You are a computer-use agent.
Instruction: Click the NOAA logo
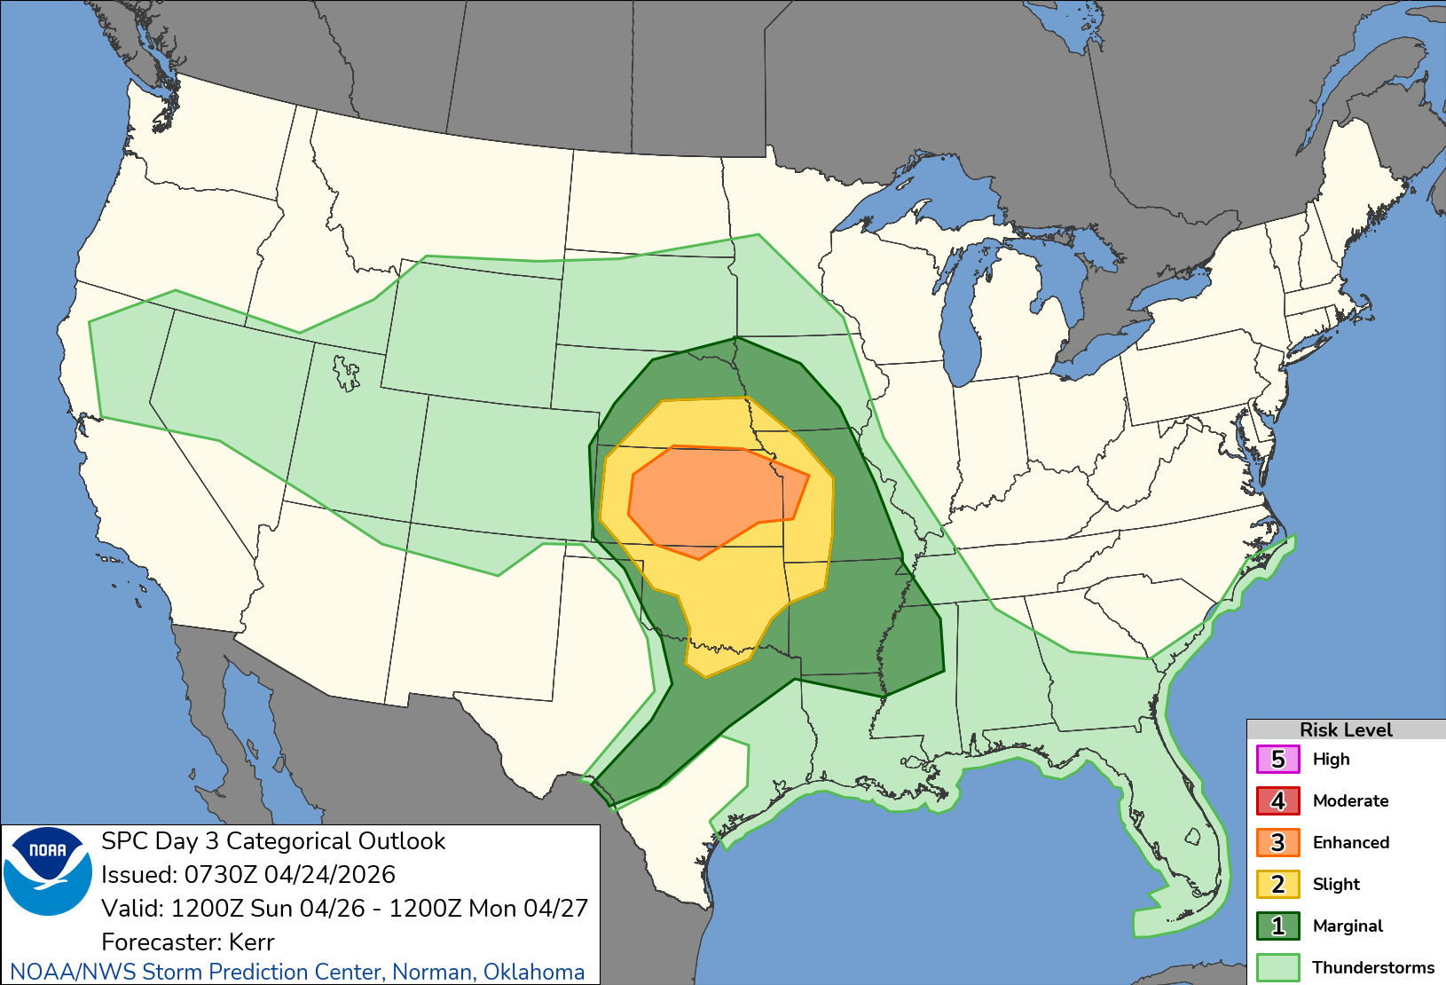48,871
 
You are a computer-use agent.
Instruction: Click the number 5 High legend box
1277,760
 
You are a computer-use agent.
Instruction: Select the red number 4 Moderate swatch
1277,801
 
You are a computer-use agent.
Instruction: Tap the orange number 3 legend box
1277,843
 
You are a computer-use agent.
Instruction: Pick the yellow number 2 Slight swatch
1277,885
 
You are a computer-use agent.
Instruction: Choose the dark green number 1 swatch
1277,926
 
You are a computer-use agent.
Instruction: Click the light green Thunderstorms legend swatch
1277,967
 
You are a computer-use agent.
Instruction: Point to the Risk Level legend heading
1345,729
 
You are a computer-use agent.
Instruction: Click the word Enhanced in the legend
1350,843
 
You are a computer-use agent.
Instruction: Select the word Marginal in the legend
1347,926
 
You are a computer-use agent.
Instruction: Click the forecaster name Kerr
251,942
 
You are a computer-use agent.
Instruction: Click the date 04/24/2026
330,875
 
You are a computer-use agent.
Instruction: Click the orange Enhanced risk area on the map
710,497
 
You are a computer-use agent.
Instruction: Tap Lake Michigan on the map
963,311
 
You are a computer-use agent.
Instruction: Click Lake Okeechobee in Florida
1193,836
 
